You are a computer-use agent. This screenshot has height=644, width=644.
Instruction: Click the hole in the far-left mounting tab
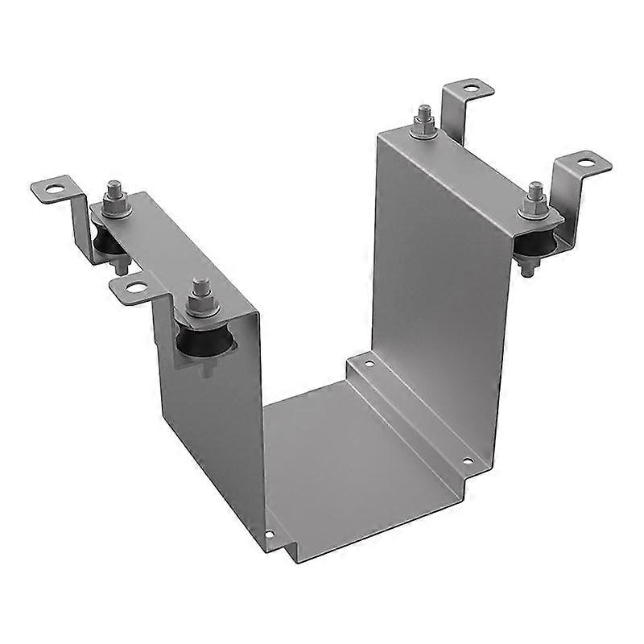(54, 191)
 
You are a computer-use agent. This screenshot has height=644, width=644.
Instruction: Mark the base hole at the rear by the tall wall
(368, 363)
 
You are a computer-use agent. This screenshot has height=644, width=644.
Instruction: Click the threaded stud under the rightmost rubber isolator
(527, 268)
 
